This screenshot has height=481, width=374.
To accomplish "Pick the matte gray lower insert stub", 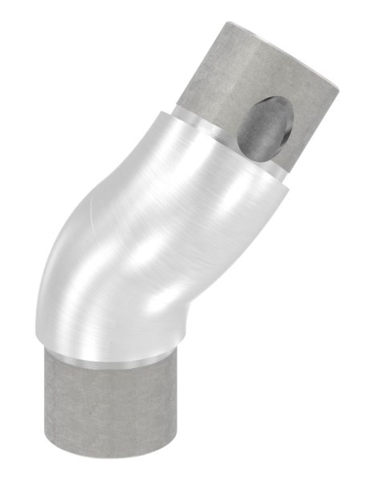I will tap(116, 417).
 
